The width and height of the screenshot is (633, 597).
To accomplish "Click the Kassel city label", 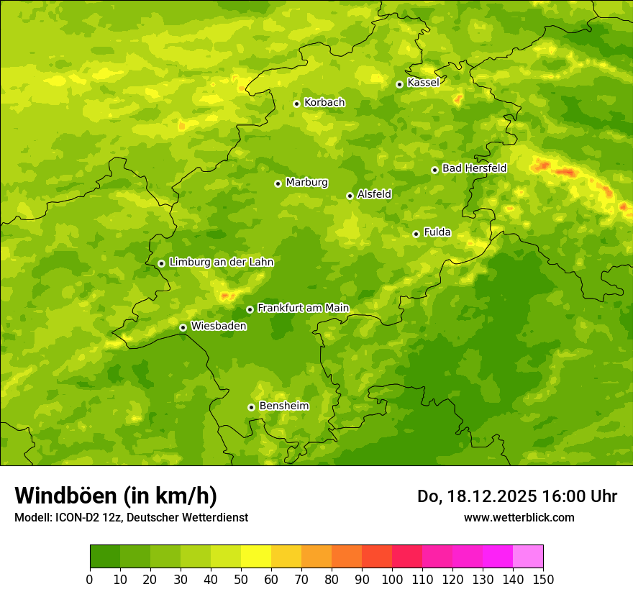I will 423,83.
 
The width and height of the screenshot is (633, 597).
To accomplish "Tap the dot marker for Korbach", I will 296,104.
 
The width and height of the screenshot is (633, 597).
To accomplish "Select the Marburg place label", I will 306,183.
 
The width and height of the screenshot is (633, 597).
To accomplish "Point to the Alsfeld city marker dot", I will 350,196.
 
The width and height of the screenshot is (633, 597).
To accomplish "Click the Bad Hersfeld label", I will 474,168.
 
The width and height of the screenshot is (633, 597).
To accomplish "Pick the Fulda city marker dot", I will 416,234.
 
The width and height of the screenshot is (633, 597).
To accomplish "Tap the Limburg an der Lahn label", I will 221,263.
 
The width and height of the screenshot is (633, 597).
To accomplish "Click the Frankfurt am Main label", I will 303,309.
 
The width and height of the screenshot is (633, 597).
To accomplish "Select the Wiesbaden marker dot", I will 183,327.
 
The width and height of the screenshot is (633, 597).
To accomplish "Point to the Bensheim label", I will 283,406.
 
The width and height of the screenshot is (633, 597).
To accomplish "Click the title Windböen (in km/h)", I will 115,496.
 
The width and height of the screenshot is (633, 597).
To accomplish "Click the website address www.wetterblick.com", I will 519,517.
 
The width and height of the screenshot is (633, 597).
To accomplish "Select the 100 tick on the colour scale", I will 392,578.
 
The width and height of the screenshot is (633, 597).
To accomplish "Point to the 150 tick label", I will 542,578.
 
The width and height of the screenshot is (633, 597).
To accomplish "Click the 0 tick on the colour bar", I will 90,578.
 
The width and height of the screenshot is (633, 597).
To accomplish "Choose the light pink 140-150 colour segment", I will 528,557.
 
